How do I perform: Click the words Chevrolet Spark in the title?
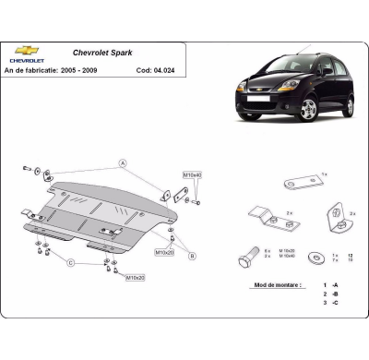102,53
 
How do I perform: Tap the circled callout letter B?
191,255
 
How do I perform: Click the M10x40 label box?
192,175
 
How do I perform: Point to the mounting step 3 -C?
329,303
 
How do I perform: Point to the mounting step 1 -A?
329,286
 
